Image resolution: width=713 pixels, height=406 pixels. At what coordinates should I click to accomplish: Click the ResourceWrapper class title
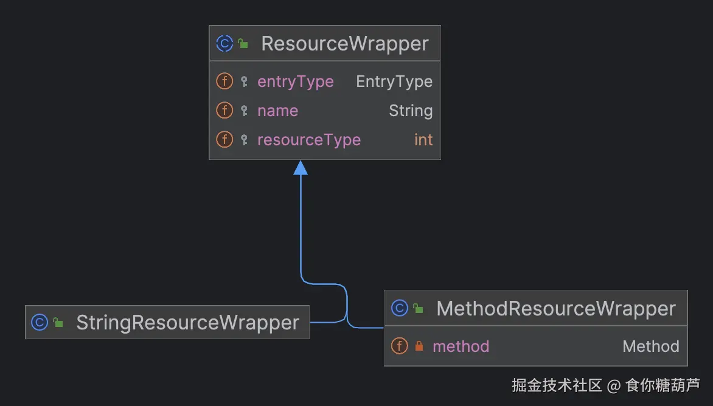click(344, 44)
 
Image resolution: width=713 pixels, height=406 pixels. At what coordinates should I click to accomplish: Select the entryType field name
click(295, 81)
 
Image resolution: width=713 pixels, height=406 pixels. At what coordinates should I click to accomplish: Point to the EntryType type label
click(394, 81)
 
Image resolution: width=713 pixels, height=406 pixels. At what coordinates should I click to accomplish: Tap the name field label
click(277, 111)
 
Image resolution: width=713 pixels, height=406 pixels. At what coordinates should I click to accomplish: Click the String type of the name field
click(411, 111)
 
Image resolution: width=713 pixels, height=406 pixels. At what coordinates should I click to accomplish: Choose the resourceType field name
click(308, 140)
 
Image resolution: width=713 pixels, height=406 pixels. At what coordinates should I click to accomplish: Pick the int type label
click(423, 140)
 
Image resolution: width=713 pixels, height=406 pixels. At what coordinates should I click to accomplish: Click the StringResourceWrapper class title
click(187, 323)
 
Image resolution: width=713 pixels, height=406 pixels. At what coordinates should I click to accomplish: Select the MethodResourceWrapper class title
click(555, 309)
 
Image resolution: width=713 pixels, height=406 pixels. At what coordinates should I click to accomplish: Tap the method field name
click(461, 346)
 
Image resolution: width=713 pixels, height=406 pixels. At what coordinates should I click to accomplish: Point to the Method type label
click(650, 346)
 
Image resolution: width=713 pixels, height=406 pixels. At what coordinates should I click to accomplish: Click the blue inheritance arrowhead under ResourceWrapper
click(301, 168)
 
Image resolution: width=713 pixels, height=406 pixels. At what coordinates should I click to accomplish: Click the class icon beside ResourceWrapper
click(224, 44)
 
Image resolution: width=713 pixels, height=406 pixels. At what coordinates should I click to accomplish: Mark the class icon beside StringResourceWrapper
click(40, 323)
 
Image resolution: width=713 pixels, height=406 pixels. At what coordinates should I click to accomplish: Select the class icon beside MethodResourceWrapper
click(400, 309)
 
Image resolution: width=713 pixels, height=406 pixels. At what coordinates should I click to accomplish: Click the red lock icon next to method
click(419, 346)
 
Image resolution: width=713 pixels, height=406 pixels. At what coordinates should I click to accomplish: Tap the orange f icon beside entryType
click(224, 81)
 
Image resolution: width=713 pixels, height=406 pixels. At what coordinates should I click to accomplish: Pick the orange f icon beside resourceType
click(224, 140)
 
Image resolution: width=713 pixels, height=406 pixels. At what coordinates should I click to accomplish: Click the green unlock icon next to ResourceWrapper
click(243, 44)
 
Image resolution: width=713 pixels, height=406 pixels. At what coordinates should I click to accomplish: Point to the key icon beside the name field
click(244, 111)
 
